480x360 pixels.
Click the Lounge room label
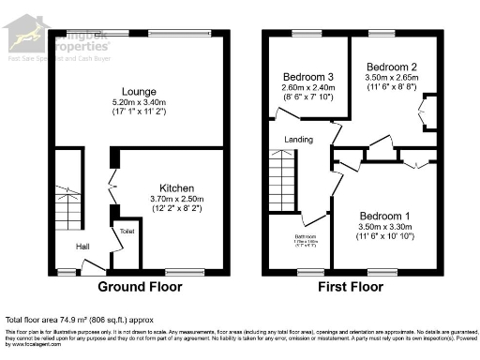tap(138, 91)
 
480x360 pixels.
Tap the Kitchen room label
tap(176, 187)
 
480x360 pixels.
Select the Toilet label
tap(127, 230)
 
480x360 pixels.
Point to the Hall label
tap(83, 247)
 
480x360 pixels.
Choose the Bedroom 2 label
tap(391, 67)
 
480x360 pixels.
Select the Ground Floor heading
tap(138, 286)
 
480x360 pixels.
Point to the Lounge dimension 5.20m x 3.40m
tap(138, 103)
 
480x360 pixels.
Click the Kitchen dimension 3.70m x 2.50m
tap(176, 199)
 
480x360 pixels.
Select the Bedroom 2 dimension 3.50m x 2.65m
tap(391, 79)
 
